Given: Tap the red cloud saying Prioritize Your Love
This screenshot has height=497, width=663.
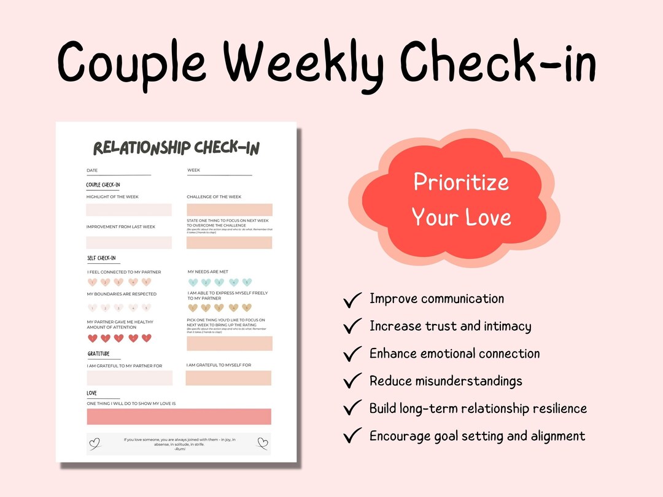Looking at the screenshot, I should [x=460, y=199].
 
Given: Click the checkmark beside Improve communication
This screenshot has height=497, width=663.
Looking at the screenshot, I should [x=352, y=300].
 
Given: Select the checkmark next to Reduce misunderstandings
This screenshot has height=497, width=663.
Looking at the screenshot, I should [x=352, y=382].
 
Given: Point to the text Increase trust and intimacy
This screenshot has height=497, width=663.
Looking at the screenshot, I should [x=450, y=326].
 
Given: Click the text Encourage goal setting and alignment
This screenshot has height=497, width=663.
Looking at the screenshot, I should [x=477, y=436].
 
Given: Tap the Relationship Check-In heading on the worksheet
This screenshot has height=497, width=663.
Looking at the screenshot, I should [x=176, y=148].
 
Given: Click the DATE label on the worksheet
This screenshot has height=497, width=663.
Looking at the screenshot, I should [x=92, y=171].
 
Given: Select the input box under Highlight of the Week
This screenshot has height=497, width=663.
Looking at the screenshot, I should [x=129, y=210].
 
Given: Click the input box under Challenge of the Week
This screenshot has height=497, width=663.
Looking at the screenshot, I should [x=229, y=210].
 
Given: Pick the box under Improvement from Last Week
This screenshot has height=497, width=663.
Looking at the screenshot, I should [x=129, y=242].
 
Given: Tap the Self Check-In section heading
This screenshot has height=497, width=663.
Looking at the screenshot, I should [x=101, y=258].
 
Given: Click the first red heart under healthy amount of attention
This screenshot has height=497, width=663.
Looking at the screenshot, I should [x=93, y=338].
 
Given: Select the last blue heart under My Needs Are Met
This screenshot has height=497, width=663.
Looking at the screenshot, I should [x=247, y=282].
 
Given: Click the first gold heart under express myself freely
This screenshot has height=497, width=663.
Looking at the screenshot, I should [x=193, y=308].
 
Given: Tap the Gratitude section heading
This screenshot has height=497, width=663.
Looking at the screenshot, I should [x=99, y=354].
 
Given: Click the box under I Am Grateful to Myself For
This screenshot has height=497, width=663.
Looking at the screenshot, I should [x=228, y=378].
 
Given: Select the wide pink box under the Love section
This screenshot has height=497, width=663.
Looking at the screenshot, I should [x=179, y=417].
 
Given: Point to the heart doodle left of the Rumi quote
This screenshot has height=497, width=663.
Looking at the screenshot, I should [x=95, y=442].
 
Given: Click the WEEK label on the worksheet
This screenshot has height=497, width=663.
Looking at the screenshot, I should [x=193, y=171].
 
